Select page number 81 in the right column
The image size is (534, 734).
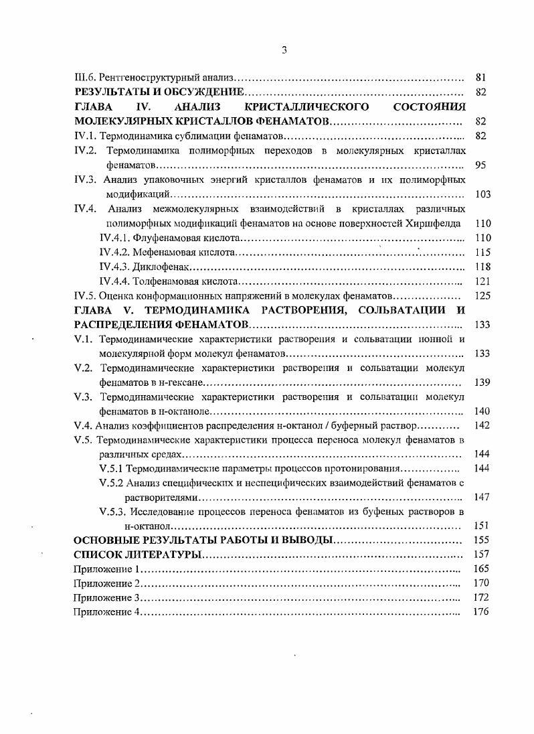pos(480,78)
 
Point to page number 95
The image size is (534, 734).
pos(480,165)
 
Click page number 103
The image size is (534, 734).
pos(482,194)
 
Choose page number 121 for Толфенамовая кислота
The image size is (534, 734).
pos(482,281)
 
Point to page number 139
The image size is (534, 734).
pos(482,382)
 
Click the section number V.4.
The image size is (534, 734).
pos(83,425)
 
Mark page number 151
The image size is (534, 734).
pos(482,526)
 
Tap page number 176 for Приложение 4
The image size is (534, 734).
pos(482,611)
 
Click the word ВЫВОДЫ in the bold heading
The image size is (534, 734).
pos(304,540)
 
